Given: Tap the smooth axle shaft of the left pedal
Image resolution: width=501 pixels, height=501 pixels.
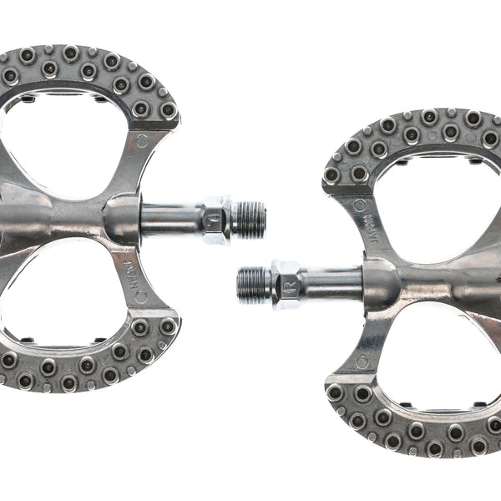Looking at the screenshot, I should pyautogui.click(x=171, y=219).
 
